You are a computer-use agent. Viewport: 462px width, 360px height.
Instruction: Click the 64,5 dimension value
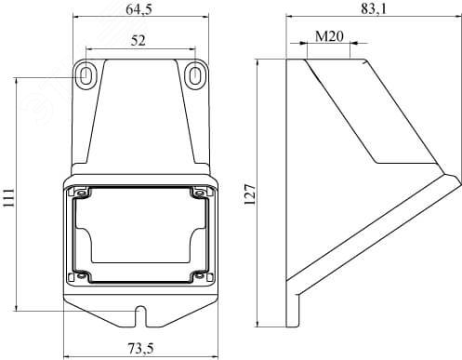point(139,9)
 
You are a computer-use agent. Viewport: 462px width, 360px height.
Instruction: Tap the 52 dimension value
point(138,41)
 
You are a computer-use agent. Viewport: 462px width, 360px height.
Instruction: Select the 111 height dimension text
point(8,197)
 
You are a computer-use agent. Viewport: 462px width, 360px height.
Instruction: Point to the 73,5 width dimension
point(140,349)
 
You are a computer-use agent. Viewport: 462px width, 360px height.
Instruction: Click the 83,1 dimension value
point(374,9)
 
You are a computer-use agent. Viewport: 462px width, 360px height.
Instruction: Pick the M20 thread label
point(329,36)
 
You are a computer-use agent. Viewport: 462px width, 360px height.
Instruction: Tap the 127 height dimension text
point(250,194)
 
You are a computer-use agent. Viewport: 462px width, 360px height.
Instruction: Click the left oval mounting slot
point(86,75)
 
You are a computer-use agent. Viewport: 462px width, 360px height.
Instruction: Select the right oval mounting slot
point(194,75)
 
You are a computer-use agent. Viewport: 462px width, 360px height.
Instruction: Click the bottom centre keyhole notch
point(141,316)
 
